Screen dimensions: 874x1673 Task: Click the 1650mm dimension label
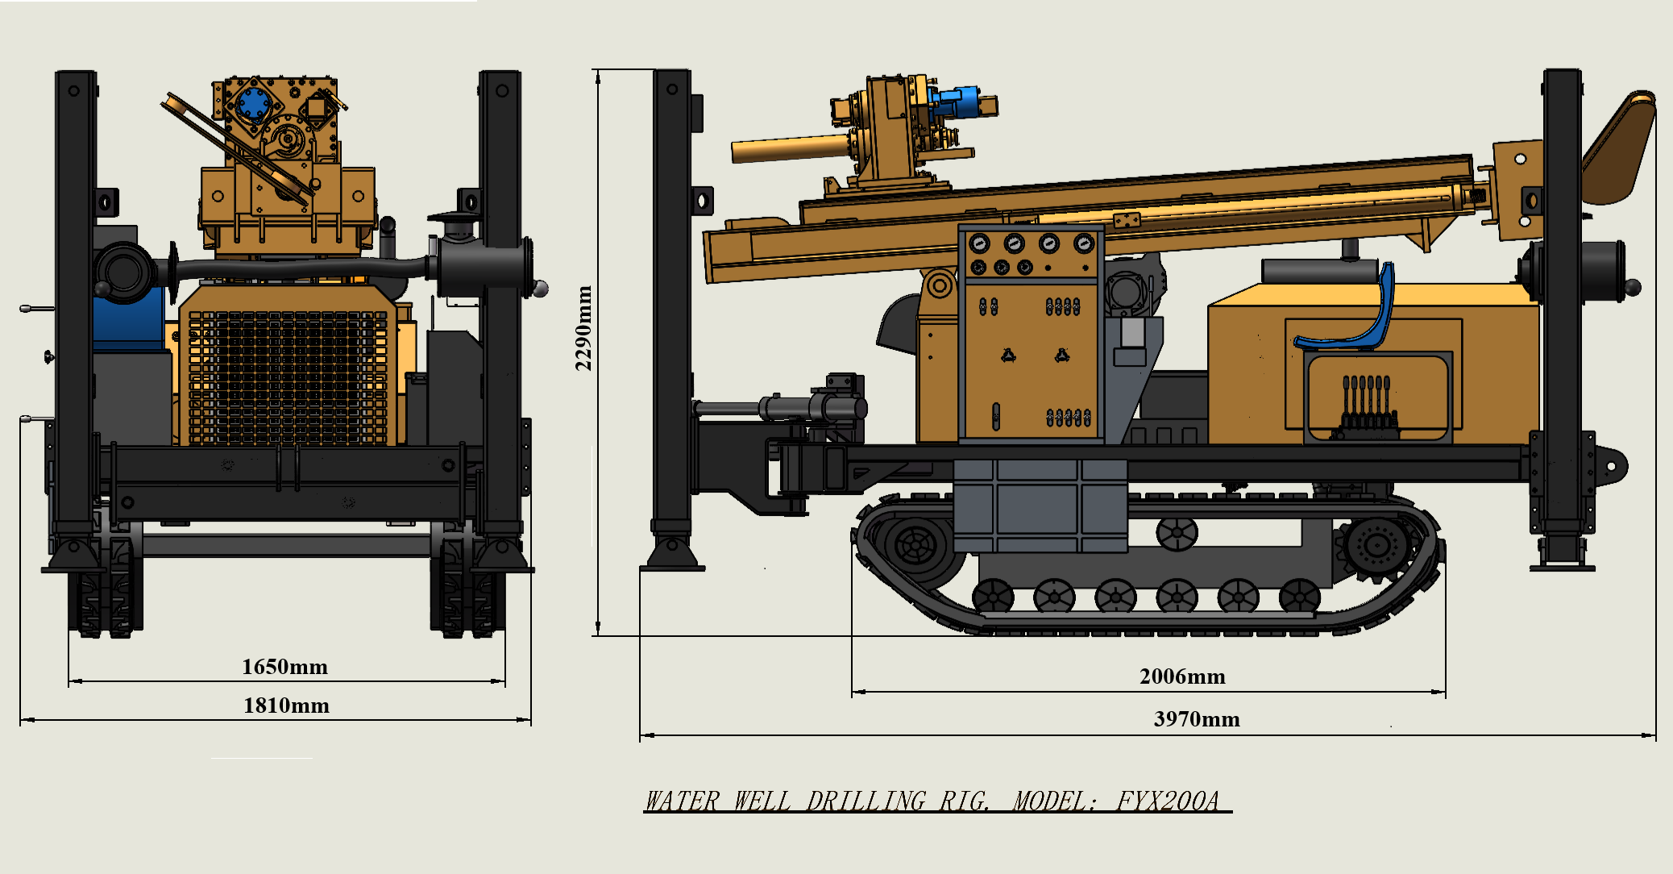(284, 667)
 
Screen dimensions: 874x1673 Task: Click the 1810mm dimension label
(286, 705)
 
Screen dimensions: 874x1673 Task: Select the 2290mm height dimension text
(583, 328)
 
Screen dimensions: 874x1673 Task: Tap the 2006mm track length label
(1182, 676)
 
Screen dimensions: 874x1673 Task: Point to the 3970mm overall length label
(1197, 719)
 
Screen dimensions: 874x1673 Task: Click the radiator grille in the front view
(288, 377)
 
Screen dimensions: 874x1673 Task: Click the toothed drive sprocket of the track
(1376, 546)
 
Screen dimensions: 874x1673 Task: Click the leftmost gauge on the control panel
(978, 243)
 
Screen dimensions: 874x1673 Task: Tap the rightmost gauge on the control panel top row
(1084, 243)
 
